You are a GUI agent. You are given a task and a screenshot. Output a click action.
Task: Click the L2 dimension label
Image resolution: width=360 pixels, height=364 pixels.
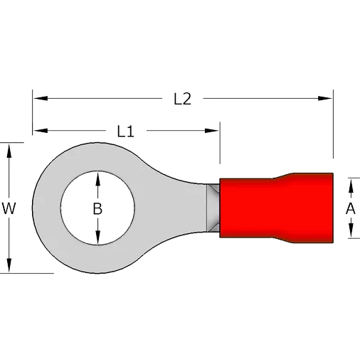click(x=182, y=99)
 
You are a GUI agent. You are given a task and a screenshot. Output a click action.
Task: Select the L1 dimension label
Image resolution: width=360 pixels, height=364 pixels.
click(x=126, y=131)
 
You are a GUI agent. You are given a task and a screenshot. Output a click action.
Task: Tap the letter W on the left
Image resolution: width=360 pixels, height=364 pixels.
click(x=9, y=208)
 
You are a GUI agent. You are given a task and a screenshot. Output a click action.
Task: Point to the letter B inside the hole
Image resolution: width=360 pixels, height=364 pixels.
click(x=97, y=208)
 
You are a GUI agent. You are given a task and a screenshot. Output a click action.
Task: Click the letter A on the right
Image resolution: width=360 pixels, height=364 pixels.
click(x=351, y=208)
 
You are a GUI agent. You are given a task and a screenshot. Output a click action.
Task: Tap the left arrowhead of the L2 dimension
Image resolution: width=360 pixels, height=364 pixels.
click(x=41, y=98)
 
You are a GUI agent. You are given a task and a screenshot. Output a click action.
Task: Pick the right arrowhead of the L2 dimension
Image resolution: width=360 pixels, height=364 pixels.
click(x=325, y=98)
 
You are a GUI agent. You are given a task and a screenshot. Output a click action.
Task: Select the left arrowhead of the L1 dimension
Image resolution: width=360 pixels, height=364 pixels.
click(x=41, y=131)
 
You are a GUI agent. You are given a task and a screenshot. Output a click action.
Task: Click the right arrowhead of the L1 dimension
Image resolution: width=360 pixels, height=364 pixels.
click(x=212, y=131)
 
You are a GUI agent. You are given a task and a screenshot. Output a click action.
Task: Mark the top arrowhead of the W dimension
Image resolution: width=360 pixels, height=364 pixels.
click(x=9, y=151)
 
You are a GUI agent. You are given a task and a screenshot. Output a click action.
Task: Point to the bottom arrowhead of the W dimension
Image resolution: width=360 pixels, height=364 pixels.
click(x=9, y=265)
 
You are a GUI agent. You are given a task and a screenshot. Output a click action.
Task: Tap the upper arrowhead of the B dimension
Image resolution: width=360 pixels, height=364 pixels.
click(x=97, y=178)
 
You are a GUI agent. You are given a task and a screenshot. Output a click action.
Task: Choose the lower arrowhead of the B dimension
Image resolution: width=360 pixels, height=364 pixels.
click(x=97, y=237)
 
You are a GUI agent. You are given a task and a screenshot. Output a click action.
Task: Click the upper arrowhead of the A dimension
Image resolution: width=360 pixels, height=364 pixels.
click(x=351, y=186)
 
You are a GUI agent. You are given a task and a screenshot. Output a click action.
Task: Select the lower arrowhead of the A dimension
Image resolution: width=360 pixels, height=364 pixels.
click(x=351, y=230)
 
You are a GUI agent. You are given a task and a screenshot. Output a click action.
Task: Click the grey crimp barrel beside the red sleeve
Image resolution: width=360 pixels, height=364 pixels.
click(x=213, y=208)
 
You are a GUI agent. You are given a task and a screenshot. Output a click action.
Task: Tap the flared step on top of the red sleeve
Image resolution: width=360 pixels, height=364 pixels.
click(x=282, y=176)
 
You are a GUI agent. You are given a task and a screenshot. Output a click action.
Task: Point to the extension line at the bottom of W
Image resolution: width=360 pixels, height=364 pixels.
click(x=27, y=273)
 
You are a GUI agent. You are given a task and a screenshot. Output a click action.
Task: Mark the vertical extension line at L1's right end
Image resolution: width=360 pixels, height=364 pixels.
click(x=220, y=143)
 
